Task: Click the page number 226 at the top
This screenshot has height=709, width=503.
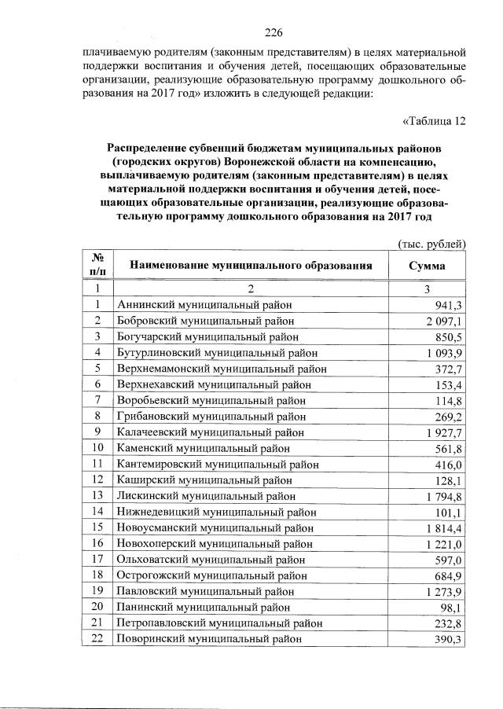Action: tap(274, 32)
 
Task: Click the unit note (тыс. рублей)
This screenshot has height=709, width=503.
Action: tap(431, 244)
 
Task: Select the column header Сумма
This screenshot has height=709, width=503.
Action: tap(427, 266)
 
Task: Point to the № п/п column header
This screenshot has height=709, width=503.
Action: tap(97, 265)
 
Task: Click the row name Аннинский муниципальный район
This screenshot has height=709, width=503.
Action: tap(204, 305)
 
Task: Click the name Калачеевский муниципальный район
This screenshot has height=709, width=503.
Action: tap(210, 432)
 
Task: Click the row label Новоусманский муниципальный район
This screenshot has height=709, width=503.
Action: tap(212, 527)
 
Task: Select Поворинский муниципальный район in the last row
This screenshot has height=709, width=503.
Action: tap(207, 640)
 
